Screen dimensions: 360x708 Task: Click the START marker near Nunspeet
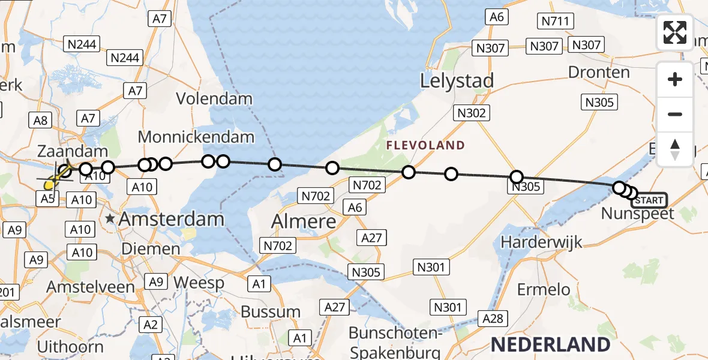coord(648,200)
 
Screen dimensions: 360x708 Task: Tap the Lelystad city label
coord(457,81)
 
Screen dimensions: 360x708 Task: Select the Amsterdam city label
coord(172,219)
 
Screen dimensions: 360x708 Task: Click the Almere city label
coord(304,221)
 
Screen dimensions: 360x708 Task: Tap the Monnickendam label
coord(196,137)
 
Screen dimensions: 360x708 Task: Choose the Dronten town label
coord(598,73)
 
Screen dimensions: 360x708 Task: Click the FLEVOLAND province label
coord(425,145)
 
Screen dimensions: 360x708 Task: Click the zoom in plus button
coord(675,79)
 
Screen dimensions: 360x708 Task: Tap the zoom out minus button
coord(675,114)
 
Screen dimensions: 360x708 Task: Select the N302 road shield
coord(473,112)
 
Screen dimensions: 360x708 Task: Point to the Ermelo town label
coord(545,289)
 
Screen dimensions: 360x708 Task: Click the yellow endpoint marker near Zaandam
coord(49,185)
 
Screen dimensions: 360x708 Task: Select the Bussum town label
coord(271,312)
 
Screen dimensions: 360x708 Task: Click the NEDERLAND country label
coord(550,344)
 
